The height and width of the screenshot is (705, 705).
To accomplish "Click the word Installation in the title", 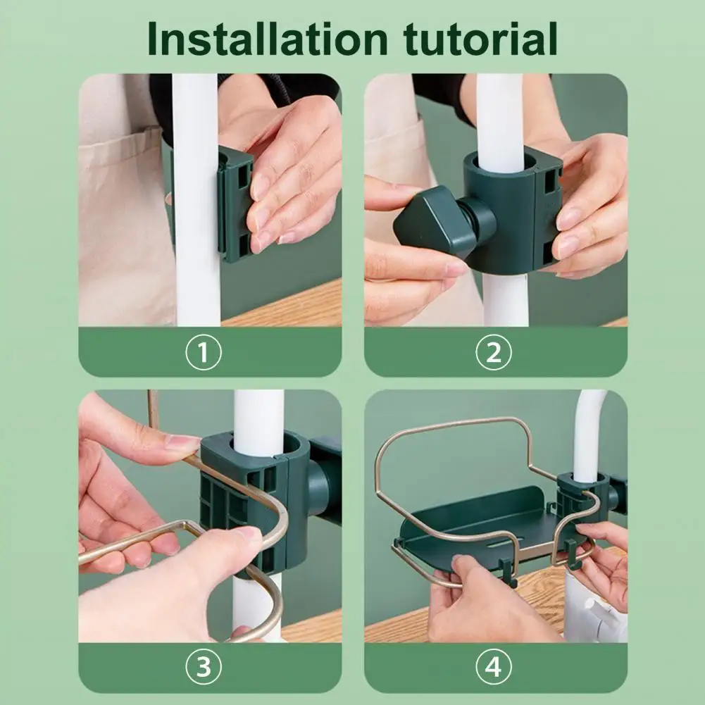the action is click(268, 39).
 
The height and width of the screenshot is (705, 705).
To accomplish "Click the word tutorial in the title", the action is click(480, 39).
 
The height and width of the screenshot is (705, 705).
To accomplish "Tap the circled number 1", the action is click(204, 352).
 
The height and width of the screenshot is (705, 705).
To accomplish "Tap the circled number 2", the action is click(493, 352).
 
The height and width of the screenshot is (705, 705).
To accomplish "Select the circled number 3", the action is click(204, 667).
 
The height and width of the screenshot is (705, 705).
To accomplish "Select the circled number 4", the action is click(493, 667).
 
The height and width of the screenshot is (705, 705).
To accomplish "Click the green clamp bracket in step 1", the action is click(235, 204).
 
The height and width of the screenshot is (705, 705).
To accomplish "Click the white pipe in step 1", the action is click(196, 200).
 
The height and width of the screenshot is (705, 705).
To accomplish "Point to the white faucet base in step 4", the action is click(594, 607).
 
